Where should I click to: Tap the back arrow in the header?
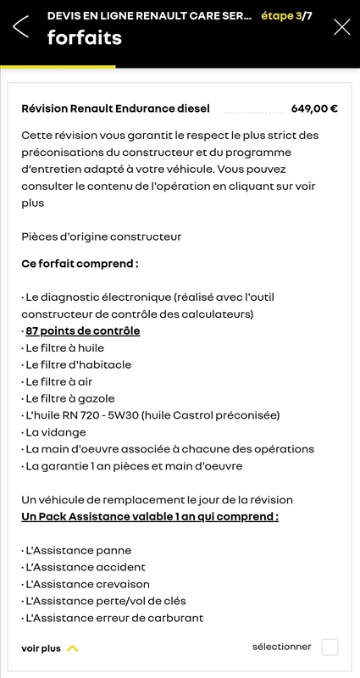pyautogui.click(x=21, y=26)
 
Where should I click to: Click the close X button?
pyautogui.click(x=342, y=26)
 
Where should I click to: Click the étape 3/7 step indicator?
pyautogui.click(x=286, y=15)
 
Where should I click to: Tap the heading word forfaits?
pyautogui.click(x=85, y=37)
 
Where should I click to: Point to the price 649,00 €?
pyautogui.click(x=314, y=108)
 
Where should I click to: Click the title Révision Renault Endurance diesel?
pyautogui.click(x=115, y=108)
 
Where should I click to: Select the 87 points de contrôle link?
pyautogui.click(x=82, y=331)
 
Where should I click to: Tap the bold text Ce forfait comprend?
pyautogui.click(x=80, y=264)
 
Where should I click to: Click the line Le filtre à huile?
pyautogui.click(x=65, y=347)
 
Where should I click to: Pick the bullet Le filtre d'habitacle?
pyautogui.click(x=78, y=364)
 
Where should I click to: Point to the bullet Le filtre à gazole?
pyautogui.click(x=70, y=398)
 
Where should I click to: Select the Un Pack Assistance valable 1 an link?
pyautogui.click(x=150, y=516)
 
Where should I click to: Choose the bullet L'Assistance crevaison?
pyautogui.click(x=87, y=584)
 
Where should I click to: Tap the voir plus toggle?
pyautogui.click(x=50, y=648)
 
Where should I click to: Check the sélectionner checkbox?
pyautogui.click(x=330, y=647)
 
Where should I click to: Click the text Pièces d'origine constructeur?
pyautogui.click(x=102, y=236)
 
